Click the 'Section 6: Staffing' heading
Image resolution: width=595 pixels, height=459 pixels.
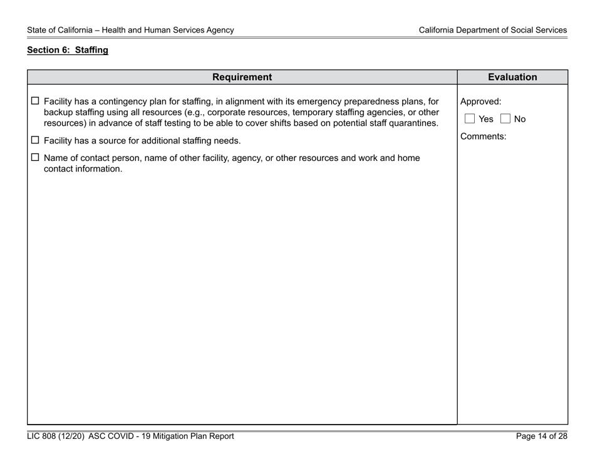tap(68, 51)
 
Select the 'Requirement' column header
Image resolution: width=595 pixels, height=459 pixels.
tap(242, 77)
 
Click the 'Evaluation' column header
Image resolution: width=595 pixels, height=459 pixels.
tap(512, 77)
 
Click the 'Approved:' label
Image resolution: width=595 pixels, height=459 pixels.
tap(480, 101)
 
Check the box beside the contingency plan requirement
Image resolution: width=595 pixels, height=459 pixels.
tap(35, 101)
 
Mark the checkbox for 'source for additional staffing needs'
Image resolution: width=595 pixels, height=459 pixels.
tap(35, 140)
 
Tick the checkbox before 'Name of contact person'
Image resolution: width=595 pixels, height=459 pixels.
tap(35, 158)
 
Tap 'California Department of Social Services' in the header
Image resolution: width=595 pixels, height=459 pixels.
tap(493, 29)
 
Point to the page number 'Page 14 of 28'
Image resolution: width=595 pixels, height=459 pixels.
tap(542, 436)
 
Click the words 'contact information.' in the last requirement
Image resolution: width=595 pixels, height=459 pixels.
tap(83, 168)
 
